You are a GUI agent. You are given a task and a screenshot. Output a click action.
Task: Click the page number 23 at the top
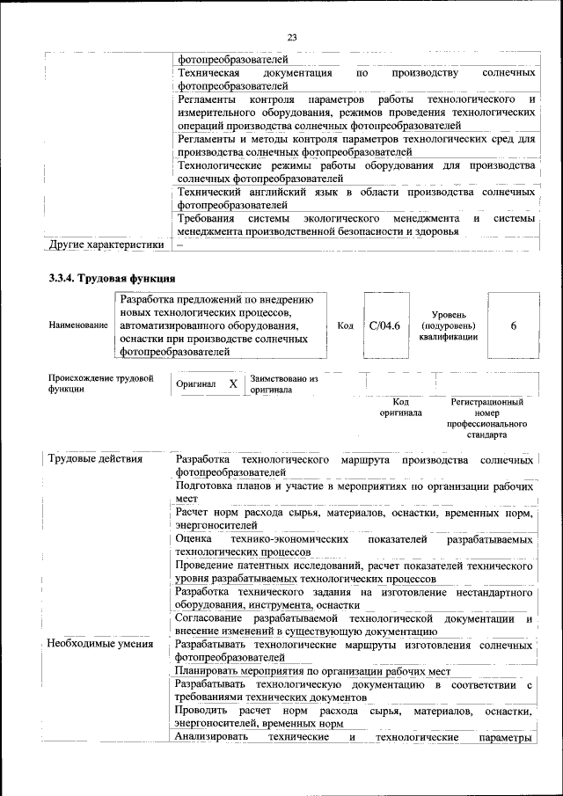(x=292, y=36)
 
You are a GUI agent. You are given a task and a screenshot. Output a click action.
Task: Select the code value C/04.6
(x=384, y=325)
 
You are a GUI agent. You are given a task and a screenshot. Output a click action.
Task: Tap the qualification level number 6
(x=513, y=325)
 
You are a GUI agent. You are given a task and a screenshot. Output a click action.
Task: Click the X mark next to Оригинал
(x=232, y=384)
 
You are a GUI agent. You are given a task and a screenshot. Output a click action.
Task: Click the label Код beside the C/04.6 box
(x=346, y=325)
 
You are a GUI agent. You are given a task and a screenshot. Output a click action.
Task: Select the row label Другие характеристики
(x=106, y=245)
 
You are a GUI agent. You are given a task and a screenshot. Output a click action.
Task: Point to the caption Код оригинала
(x=400, y=407)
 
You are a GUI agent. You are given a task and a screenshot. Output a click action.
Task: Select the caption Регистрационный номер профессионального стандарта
(x=486, y=418)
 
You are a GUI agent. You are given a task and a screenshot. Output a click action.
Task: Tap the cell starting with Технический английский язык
(x=355, y=198)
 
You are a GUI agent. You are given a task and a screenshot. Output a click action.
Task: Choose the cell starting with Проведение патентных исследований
(x=355, y=572)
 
